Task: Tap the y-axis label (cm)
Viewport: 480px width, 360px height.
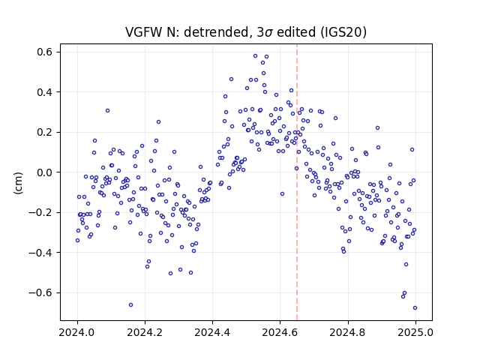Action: click(x=18, y=183)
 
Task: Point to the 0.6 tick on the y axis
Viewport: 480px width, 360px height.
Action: click(x=44, y=52)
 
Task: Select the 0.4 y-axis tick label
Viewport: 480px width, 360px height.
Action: click(x=44, y=92)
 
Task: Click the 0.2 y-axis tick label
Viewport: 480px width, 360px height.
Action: click(x=44, y=132)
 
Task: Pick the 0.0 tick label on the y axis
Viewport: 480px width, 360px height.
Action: click(x=44, y=172)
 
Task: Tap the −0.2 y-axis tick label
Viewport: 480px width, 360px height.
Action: click(x=40, y=212)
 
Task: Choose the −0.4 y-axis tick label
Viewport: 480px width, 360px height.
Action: click(x=40, y=253)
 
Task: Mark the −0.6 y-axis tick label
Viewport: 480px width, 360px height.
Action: click(x=40, y=292)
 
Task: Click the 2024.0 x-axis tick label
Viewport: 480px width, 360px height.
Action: click(x=77, y=332)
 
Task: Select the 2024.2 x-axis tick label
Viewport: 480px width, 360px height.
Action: click(x=145, y=332)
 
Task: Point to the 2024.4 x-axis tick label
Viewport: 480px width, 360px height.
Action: click(x=212, y=332)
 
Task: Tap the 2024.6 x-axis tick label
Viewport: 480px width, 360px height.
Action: click(x=280, y=332)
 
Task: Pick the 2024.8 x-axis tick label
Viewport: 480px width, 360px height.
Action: click(x=347, y=332)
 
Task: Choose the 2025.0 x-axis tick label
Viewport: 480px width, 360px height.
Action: click(x=415, y=332)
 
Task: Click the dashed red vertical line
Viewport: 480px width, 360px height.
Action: click(x=297, y=182)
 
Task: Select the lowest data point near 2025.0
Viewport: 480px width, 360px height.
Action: click(x=415, y=307)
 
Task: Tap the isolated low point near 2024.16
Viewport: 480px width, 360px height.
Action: click(x=130, y=304)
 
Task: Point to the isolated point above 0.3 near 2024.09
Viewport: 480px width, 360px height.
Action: click(x=107, y=110)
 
